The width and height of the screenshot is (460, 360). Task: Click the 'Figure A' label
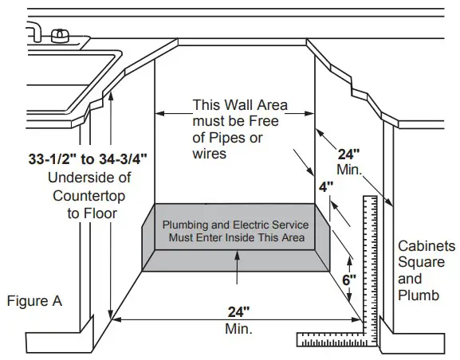(x=34, y=301)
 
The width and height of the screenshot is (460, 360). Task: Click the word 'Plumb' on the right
(x=419, y=296)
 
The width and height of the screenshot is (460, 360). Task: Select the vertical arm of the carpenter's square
(x=370, y=263)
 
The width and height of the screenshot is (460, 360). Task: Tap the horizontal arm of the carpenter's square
(x=335, y=341)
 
